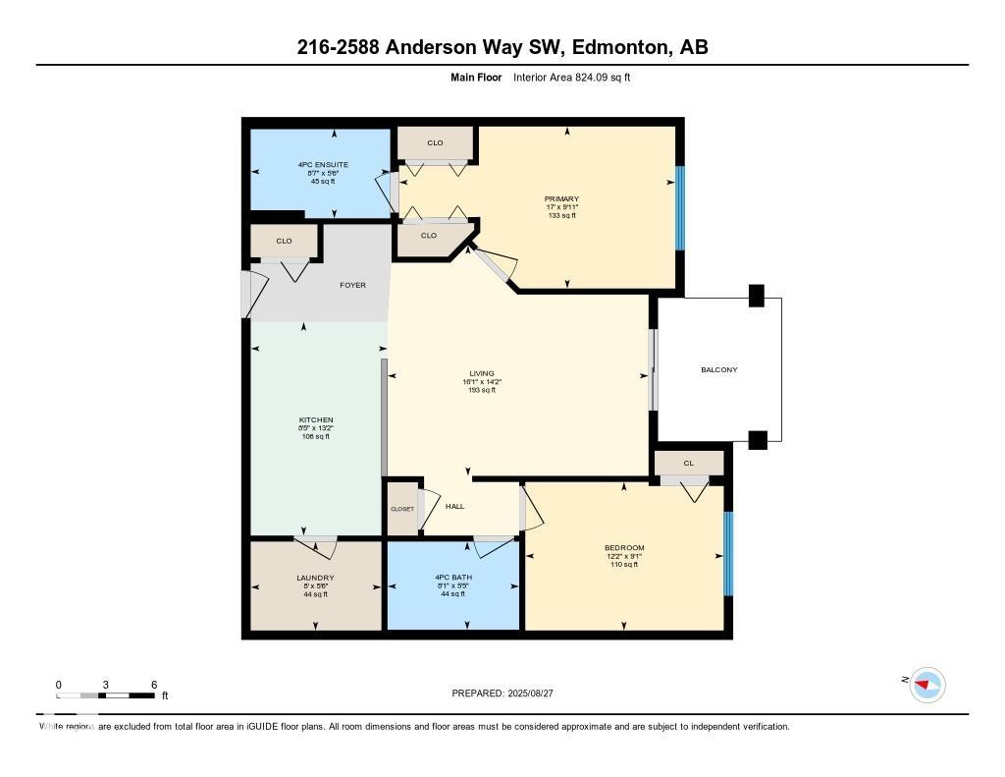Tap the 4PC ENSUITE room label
tap(323, 164)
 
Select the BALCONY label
tap(719, 369)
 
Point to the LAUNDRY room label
tap(315, 578)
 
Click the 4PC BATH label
tap(452, 578)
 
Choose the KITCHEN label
tap(316, 419)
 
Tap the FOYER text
tap(352, 285)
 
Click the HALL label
tap(454, 506)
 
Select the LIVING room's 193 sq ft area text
tap(481, 390)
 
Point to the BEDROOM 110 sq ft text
tap(624, 565)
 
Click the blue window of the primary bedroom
tap(678, 208)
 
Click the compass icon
tap(926, 685)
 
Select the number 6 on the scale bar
tap(153, 685)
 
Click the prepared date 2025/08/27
tap(536, 694)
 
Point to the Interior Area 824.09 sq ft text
tap(571, 77)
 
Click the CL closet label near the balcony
tap(688, 463)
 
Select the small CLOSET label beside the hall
tap(402, 509)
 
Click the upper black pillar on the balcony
tap(756, 295)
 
